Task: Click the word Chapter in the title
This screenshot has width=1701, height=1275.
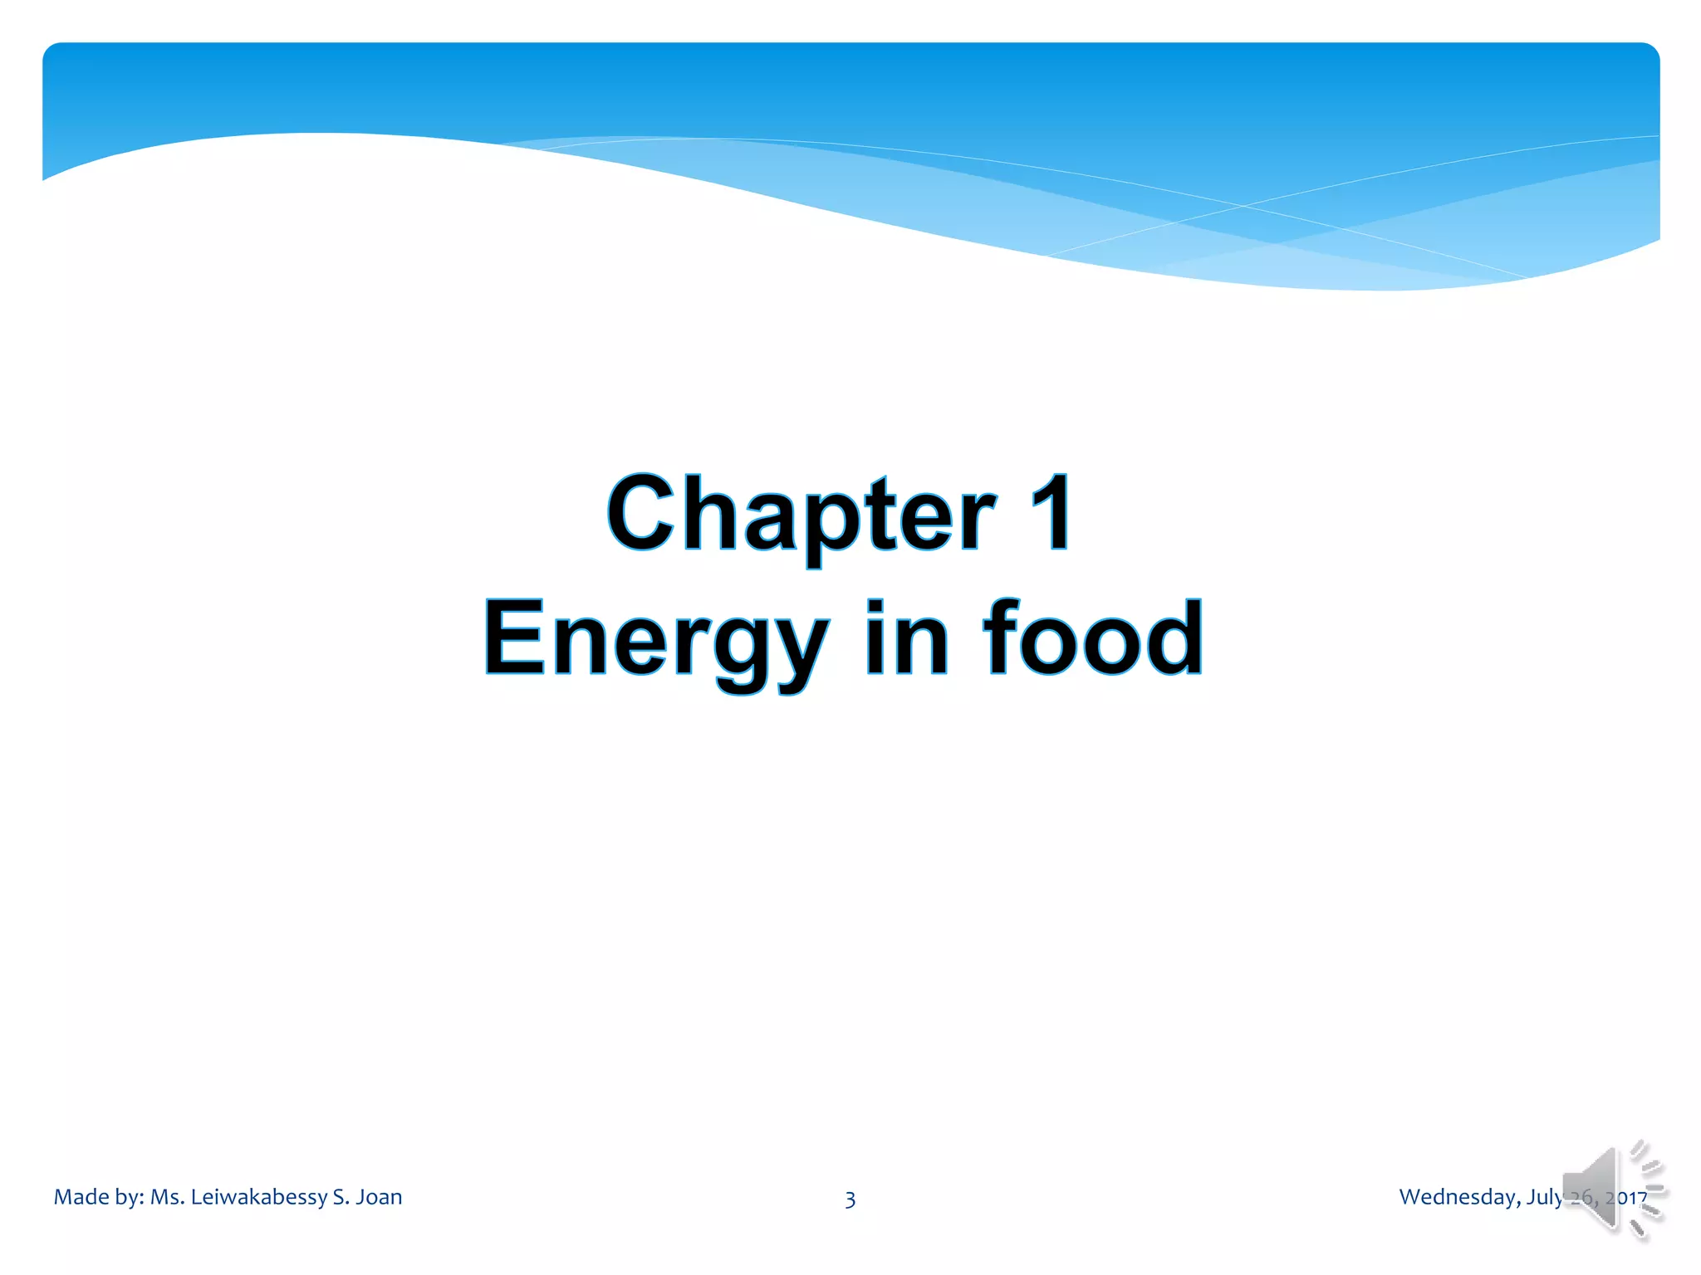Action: pyautogui.click(x=801, y=515)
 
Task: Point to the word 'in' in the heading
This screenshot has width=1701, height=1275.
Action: pyautogui.click(x=906, y=637)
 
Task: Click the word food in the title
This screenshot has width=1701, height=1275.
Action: pyautogui.click(x=1092, y=637)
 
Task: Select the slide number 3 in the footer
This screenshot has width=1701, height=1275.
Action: pyautogui.click(x=850, y=1199)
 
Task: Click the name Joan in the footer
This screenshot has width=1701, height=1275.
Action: pyautogui.click(x=379, y=1197)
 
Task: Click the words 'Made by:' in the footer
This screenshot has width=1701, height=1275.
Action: pyautogui.click(x=99, y=1197)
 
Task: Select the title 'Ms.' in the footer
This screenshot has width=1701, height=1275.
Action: pyautogui.click(x=167, y=1197)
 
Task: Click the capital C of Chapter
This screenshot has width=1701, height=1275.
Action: pyautogui.click(x=640, y=513)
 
